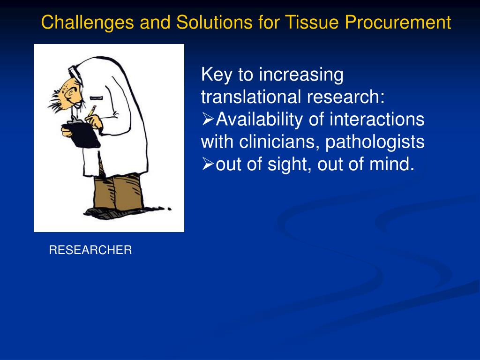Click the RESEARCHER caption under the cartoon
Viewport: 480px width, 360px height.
90,250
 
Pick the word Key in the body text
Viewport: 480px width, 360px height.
215,75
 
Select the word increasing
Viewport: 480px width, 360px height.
301,75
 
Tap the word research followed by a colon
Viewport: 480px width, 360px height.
346,97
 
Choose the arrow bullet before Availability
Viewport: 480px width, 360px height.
207,120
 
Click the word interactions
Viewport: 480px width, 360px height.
376,120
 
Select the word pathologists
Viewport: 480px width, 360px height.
375,142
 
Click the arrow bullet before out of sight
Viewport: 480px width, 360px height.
207,164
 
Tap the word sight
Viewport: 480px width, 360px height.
287,165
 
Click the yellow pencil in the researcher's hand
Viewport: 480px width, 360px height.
92,110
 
